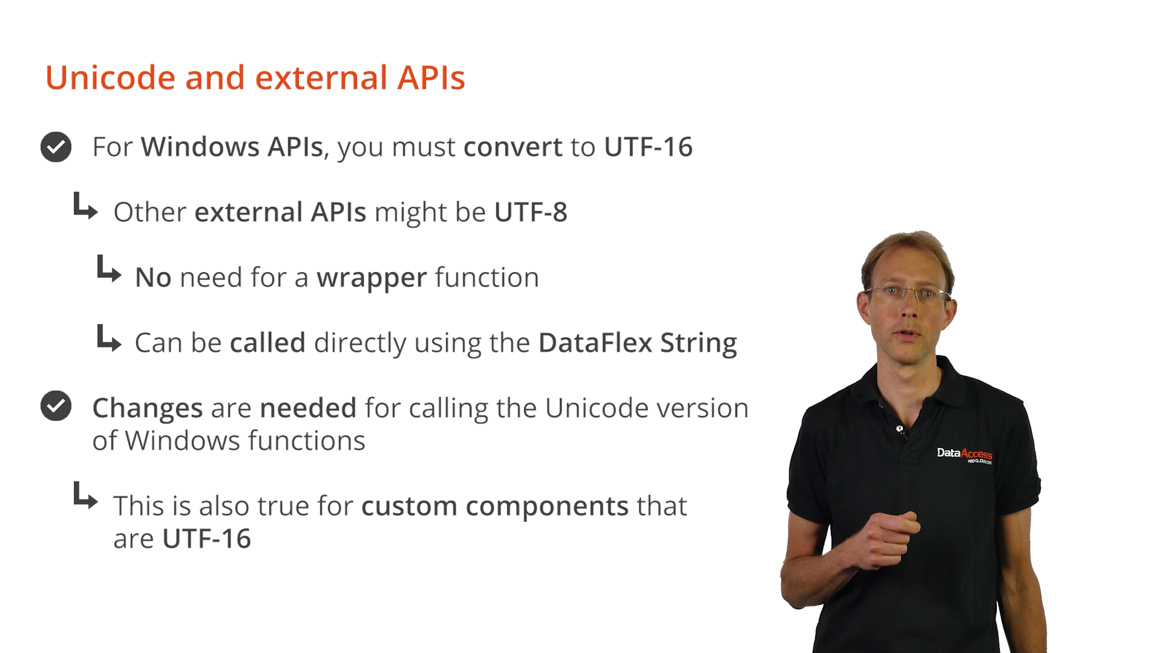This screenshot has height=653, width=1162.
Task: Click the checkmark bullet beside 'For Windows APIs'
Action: tap(56, 147)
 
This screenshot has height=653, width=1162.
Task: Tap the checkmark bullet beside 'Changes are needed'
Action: tap(56, 406)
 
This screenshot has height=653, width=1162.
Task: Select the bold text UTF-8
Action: tap(531, 212)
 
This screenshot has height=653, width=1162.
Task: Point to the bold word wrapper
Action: tap(372, 278)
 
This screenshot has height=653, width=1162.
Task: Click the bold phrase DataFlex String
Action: tap(638, 343)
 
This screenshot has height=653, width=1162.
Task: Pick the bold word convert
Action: tap(513, 148)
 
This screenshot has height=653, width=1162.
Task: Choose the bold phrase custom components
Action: tap(495, 507)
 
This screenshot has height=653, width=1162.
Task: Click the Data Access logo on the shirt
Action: tap(965, 455)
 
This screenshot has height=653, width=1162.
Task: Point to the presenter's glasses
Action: tap(908, 294)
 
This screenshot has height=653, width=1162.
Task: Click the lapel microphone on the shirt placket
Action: tap(901, 430)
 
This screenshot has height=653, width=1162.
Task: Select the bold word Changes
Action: tap(147, 409)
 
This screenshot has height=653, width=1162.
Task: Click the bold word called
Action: tap(268, 343)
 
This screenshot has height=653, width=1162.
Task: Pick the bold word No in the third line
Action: tap(153, 278)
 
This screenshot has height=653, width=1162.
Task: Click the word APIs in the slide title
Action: tap(432, 77)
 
